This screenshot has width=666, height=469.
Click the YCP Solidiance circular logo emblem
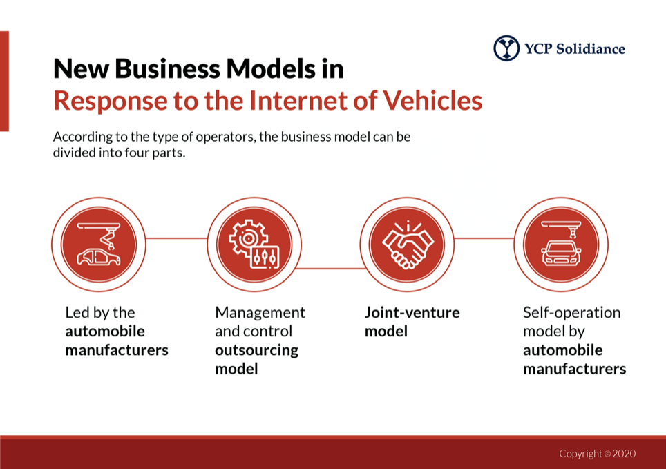(x=506, y=48)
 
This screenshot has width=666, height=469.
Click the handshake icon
(x=407, y=245)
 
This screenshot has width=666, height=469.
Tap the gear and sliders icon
(x=254, y=245)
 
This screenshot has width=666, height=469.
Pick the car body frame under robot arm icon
(x=99, y=245)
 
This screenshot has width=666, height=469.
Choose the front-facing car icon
(x=560, y=245)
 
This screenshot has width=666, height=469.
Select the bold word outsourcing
(x=256, y=350)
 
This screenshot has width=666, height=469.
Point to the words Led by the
(x=99, y=312)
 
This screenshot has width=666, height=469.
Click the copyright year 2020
(x=624, y=454)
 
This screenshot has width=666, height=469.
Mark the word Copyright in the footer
(x=580, y=454)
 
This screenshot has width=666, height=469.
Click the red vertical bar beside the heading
(x=4, y=81)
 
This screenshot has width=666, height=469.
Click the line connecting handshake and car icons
(x=484, y=238)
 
